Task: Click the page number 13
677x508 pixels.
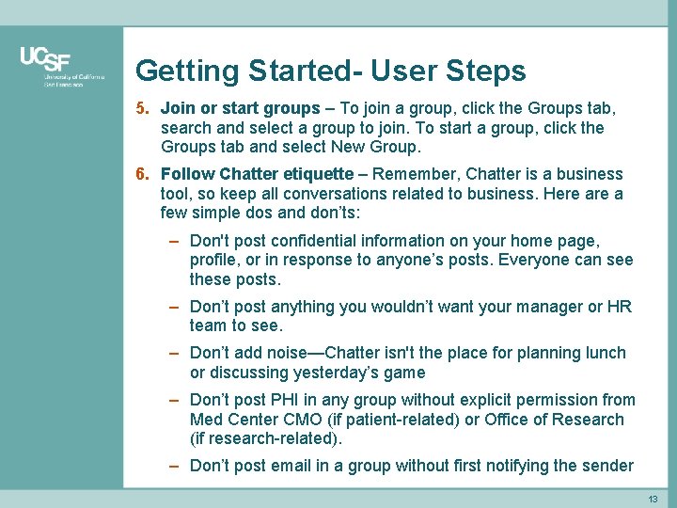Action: point(653,498)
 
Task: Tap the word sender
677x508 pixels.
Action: point(608,466)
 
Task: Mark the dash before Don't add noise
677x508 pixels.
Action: point(175,353)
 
